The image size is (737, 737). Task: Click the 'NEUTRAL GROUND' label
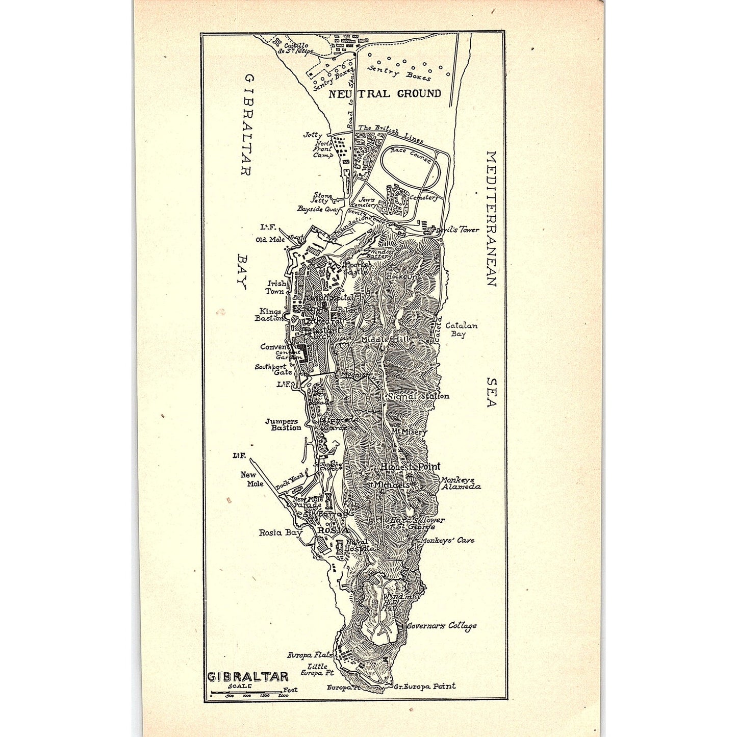click(x=385, y=94)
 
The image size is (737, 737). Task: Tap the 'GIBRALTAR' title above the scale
click(x=248, y=677)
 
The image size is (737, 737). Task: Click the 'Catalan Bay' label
click(x=461, y=329)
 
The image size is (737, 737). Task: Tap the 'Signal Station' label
click(x=418, y=396)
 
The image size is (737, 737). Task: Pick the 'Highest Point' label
click(x=410, y=466)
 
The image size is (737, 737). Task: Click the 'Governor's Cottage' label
click(x=442, y=626)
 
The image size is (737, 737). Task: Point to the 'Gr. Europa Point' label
click(x=424, y=687)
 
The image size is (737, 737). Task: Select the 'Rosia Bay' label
click(x=281, y=532)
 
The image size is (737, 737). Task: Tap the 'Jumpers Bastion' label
click(x=283, y=424)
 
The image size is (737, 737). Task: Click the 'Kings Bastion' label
click(x=270, y=315)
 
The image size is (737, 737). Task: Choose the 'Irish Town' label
click(x=276, y=287)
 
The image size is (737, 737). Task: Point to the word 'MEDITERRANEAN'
click(x=491, y=218)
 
